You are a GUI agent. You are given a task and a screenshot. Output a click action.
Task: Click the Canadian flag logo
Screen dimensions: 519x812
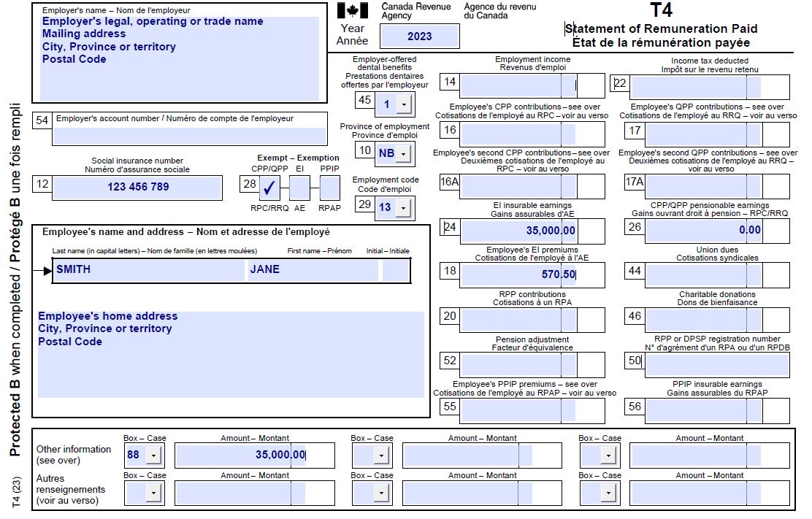click(x=353, y=11)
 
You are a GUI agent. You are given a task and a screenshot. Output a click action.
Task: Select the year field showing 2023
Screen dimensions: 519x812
click(x=420, y=36)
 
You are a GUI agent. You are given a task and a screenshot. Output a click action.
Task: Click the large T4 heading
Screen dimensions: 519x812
click(x=661, y=10)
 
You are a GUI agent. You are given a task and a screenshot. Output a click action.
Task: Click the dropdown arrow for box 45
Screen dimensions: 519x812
click(x=403, y=104)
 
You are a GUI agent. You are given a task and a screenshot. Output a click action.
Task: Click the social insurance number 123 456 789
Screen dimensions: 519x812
click(x=138, y=187)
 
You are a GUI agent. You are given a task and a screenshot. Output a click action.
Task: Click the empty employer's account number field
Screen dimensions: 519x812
click(x=189, y=136)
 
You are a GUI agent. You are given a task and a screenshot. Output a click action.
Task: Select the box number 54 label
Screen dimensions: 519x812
click(x=42, y=120)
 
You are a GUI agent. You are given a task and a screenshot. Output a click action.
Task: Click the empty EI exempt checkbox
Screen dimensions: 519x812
click(x=299, y=188)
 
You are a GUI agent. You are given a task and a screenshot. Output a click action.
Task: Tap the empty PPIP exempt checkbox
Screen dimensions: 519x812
click(x=330, y=188)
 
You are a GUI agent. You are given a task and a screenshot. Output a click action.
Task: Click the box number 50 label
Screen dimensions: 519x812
click(x=634, y=361)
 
